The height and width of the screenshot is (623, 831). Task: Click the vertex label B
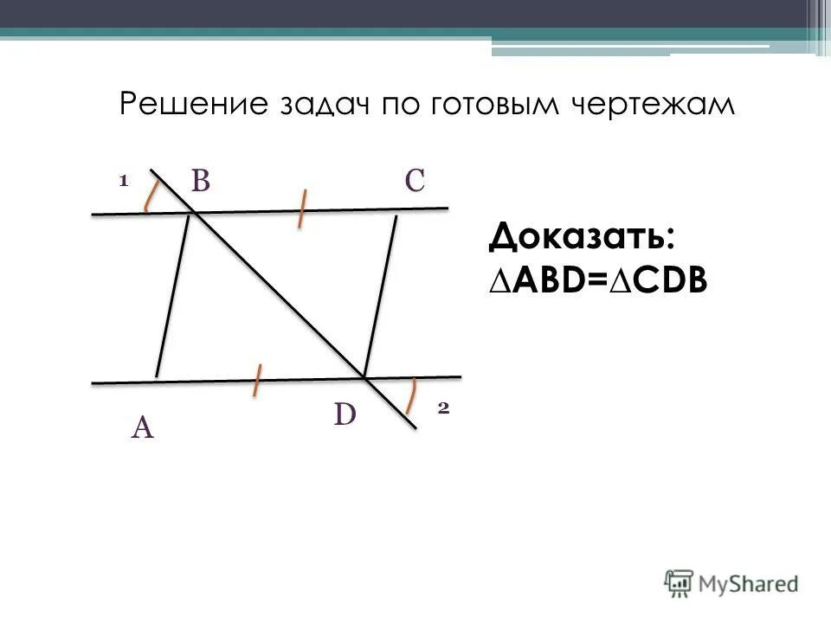[x=201, y=181]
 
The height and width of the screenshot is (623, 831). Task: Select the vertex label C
[x=414, y=181]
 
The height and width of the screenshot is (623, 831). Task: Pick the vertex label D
[x=345, y=416]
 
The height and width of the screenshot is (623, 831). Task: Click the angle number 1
[x=123, y=181]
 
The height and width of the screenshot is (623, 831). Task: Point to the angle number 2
[x=442, y=409]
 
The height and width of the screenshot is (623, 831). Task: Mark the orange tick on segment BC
[x=301, y=209]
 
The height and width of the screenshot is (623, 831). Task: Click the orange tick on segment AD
[x=257, y=381]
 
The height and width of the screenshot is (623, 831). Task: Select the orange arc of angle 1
[x=151, y=196]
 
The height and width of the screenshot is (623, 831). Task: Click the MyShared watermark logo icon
[x=680, y=581]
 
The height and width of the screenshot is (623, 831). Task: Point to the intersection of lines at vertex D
[x=364, y=378]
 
